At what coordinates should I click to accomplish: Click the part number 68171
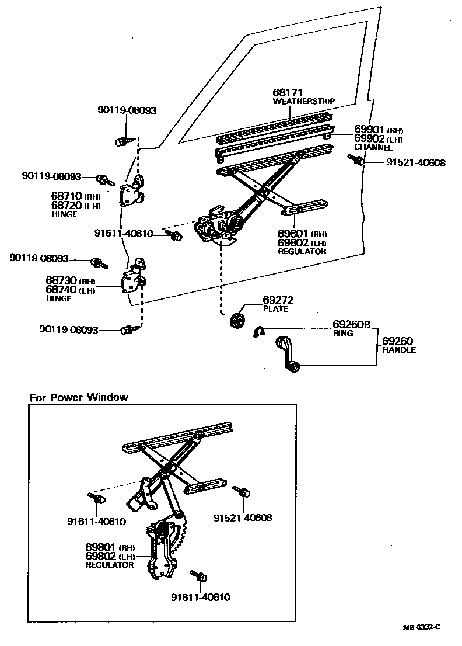coord(288,93)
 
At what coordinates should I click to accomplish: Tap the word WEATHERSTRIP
coord(304,101)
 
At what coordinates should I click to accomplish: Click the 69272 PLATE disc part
coord(237,321)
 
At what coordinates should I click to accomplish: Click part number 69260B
coord(352,324)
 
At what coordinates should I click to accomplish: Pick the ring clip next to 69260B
coord(259,332)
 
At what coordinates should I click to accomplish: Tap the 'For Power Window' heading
coord(79,398)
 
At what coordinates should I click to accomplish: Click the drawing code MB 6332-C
coord(421,627)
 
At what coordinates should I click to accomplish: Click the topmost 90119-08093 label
coord(127,110)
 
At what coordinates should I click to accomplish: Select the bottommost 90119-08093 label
coord(68,329)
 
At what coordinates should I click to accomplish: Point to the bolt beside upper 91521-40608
coord(355,159)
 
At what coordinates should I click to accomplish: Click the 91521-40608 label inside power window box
coord(243,518)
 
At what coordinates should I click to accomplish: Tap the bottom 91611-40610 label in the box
coord(200,597)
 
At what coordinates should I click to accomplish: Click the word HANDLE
coord(399,350)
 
